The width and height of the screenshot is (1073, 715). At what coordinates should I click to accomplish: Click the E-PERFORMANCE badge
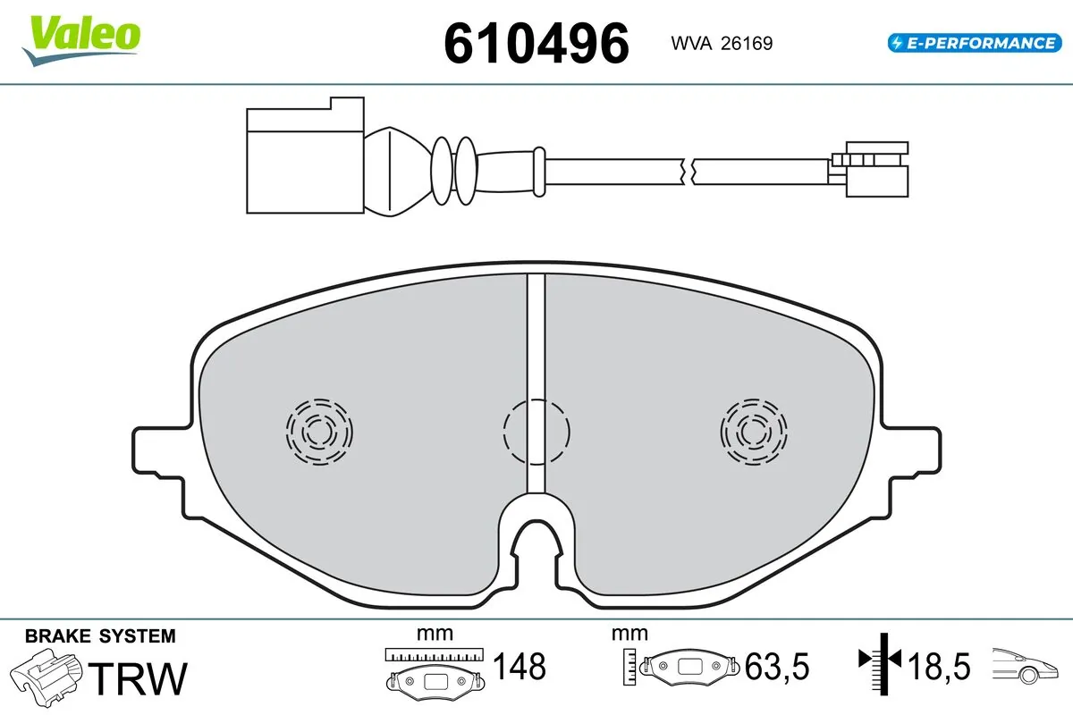(x=973, y=42)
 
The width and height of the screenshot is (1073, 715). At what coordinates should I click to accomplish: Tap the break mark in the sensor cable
(x=687, y=169)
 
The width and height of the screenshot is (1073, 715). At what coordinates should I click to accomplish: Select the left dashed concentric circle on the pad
(x=318, y=431)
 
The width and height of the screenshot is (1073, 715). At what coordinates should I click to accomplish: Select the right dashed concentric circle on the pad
(x=756, y=431)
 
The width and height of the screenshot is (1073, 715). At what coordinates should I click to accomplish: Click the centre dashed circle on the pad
(x=536, y=432)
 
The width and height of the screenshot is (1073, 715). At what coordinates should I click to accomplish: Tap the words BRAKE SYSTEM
(x=100, y=636)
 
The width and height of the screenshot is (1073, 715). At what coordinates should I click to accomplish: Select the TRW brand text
(x=140, y=678)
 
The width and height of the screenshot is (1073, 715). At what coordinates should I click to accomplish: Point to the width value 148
(x=520, y=666)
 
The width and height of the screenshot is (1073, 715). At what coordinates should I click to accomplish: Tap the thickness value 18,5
(x=939, y=666)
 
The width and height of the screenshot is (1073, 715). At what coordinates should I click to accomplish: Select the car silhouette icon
(x=1027, y=666)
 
